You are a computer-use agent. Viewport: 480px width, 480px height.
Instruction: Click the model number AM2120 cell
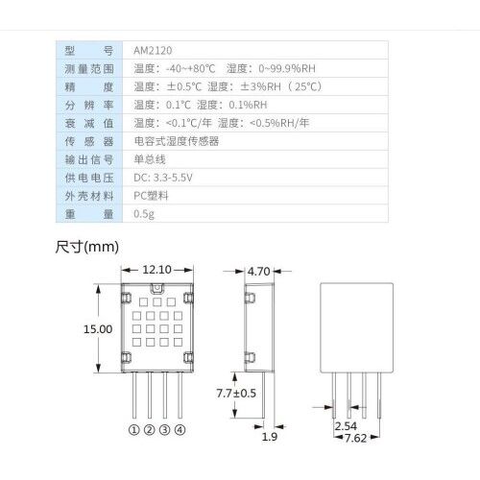coord(153,50)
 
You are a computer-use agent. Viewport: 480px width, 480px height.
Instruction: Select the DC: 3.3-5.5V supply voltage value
coord(163,178)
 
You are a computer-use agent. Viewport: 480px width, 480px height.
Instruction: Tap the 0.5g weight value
coord(144,214)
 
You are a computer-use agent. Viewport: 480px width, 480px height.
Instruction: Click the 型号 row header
coord(89,51)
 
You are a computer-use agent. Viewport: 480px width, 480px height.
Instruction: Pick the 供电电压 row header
coord(89,178)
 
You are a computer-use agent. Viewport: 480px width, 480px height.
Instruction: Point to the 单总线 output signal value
coord(150,159)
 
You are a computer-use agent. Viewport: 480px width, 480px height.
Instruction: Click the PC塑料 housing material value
coord(151,196)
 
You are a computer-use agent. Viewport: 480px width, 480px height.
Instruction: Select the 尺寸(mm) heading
coord(87,247)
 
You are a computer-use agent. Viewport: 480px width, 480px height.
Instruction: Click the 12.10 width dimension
coord(156,270)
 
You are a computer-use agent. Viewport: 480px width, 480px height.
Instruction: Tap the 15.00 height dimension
coord(98,329)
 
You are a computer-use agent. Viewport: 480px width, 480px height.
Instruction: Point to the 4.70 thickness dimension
coord(258,272)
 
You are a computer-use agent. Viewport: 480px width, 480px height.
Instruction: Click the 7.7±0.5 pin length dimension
coord(236,393)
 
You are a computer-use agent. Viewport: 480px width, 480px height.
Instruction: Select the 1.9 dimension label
coord(270,437)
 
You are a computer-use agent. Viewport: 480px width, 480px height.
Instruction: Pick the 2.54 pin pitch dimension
coord(346,426)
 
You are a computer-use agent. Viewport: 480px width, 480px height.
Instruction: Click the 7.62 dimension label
coord(355,438)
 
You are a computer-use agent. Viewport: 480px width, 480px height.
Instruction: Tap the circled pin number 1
coord(134,430)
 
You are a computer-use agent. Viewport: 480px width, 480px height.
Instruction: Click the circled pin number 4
coord(180,430)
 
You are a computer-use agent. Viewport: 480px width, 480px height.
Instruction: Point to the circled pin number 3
coord(164,430)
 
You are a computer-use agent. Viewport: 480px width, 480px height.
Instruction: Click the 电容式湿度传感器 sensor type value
coord(177,141)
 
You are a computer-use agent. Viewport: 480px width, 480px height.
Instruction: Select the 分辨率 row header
coord(89,105)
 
